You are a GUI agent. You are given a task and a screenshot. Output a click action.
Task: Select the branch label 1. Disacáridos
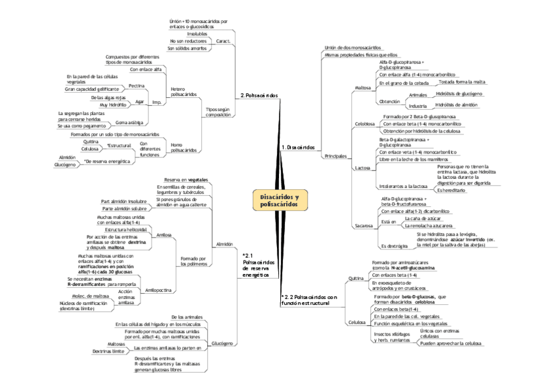coord(299,148)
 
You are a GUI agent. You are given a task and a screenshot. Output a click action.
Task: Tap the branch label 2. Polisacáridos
coord(259,95)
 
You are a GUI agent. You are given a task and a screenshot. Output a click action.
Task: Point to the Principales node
coord(334,157)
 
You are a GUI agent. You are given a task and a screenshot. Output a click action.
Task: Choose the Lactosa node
coord(363,168)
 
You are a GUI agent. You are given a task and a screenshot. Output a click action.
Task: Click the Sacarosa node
coord(363,225)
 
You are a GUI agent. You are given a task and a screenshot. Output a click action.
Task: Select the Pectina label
coord(137,86)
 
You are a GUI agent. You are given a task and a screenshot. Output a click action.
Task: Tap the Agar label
coord(140,101)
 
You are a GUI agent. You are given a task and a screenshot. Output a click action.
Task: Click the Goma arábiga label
coord(130,122)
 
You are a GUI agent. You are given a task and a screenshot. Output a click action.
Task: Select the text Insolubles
coord(197,33)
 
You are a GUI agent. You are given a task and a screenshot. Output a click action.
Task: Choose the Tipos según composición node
coord(218,112)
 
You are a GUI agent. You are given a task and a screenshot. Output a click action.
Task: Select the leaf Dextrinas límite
coord(108,351)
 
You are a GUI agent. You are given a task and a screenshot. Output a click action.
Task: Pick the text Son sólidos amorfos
coord(187,48)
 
